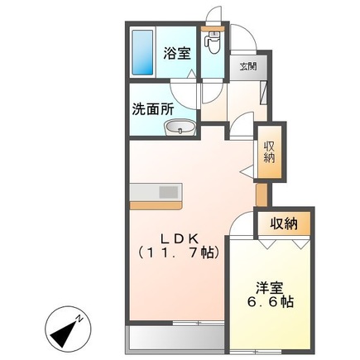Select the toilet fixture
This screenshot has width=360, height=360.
[214, 41]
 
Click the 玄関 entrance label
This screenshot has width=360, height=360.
[248, 66]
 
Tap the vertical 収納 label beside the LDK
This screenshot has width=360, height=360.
[269, 151]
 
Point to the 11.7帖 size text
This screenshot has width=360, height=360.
[177, 249]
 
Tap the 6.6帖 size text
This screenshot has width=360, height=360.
[269, 302]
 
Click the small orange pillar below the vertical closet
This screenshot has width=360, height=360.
[262, 192]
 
